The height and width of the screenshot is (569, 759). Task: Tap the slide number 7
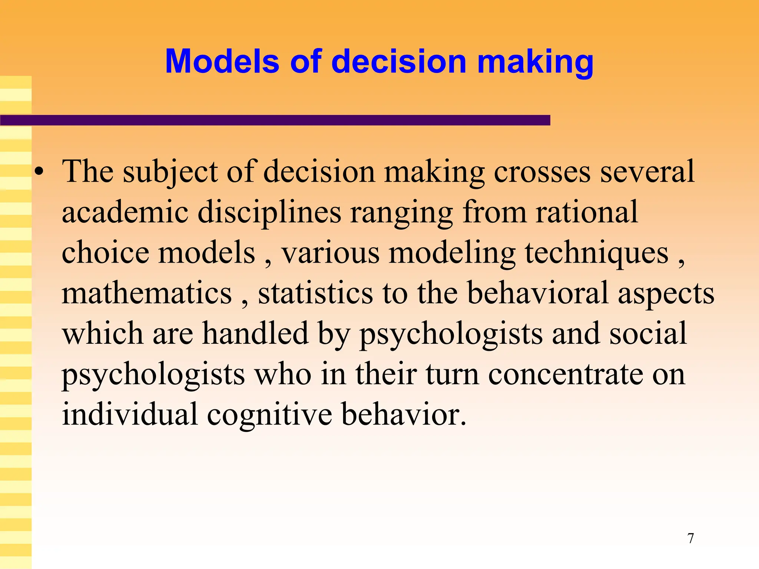click(690, 538)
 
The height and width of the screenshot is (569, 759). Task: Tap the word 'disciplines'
click(269, 213)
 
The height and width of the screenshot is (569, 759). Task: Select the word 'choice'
click(105, 253)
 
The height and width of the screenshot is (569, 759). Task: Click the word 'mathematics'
click(147, 293)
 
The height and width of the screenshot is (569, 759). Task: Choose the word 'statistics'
click(315, 293)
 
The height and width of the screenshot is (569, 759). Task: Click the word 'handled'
click(255, 333)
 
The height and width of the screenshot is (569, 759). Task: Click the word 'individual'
click(130, 414)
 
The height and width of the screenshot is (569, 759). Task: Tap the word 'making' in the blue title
click(536, 62)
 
